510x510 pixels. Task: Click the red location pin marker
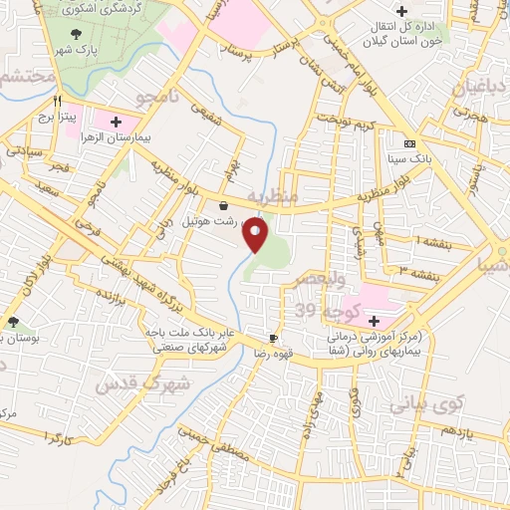[x=256, y=235]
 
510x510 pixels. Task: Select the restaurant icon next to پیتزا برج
[x=58, y=102]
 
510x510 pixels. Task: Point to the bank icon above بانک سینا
[x=409, y=143]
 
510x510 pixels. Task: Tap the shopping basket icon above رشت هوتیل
[x=222, y=204]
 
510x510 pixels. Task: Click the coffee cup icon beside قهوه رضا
[x=274, y=339]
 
